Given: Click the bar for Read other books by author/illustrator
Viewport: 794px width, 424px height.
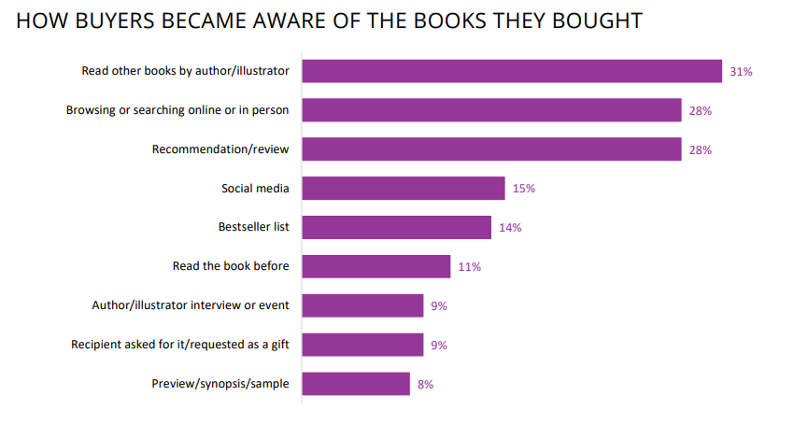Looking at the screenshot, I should coord(512,71).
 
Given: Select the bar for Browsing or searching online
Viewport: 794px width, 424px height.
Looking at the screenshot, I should coord(491,110).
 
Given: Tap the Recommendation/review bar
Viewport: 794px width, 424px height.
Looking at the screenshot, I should coord(491,149).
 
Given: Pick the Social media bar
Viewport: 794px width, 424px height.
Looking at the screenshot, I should coord(404,189).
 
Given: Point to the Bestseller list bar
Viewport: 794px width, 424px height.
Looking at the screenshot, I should coord(397,227).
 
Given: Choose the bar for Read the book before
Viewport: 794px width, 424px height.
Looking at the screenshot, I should coord(376,266).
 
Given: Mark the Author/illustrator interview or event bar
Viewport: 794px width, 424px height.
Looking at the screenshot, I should coord(362,305).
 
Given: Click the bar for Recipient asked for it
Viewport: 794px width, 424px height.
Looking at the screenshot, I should coord(362,345).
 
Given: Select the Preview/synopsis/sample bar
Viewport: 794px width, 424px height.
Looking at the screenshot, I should coord(356,384).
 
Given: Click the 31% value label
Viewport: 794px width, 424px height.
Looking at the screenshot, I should coord(742,72).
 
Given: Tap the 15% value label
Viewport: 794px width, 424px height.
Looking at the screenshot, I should coord(523,189).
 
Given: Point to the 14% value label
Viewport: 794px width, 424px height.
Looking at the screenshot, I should coord(509,228).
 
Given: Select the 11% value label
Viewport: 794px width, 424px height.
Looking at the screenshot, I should coord(469,267).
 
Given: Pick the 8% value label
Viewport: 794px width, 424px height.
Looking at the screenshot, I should coord(425,385).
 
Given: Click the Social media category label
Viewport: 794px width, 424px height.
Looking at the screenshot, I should coord(255,189).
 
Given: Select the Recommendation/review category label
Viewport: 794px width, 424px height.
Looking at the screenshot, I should coord(220,149).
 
